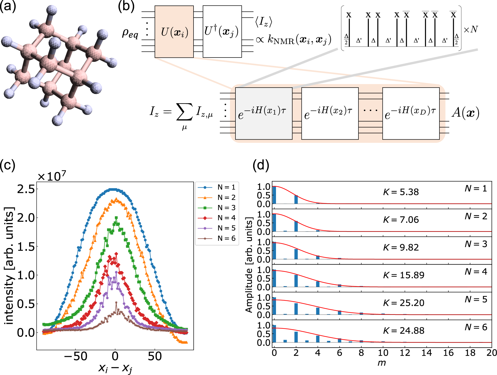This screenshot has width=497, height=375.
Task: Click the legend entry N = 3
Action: pyautogui.click(x=226, y=208)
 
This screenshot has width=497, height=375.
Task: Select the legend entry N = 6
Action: pyautogui.click(x=226, y=238)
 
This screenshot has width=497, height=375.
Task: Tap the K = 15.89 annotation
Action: pyautogui.click(x=404, y=275)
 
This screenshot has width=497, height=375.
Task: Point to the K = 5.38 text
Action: pyautogui.click(x=401, y=192)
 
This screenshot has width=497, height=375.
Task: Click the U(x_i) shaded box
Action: pyautogui.click(x=174, y=32)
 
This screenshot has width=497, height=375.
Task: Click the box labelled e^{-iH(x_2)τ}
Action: pyautogui.click(x=330, y=114)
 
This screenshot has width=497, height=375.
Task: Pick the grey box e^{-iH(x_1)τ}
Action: pyautogui.click(x=264, y=114)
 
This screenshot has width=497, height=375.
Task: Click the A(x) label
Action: pyautogui.click(x=465, y=113)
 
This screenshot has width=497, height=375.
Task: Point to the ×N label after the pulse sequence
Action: pyautogui.click(x=471, y=29)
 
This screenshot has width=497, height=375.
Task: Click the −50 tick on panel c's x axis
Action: pyautogui.click(x=76, y=356)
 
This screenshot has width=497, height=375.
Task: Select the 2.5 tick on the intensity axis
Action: pyautogui.click(x=26, y=189)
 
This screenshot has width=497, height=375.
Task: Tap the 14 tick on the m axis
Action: pyautogui.click(x=426, y=353)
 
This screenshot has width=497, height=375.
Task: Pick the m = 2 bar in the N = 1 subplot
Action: pyautogui.click(x=296, y=199)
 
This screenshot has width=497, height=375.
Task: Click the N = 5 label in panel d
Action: pyautogui.click(x=476, y=299)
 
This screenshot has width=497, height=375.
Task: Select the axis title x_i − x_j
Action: pyautogui.click(x=115, y=368)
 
